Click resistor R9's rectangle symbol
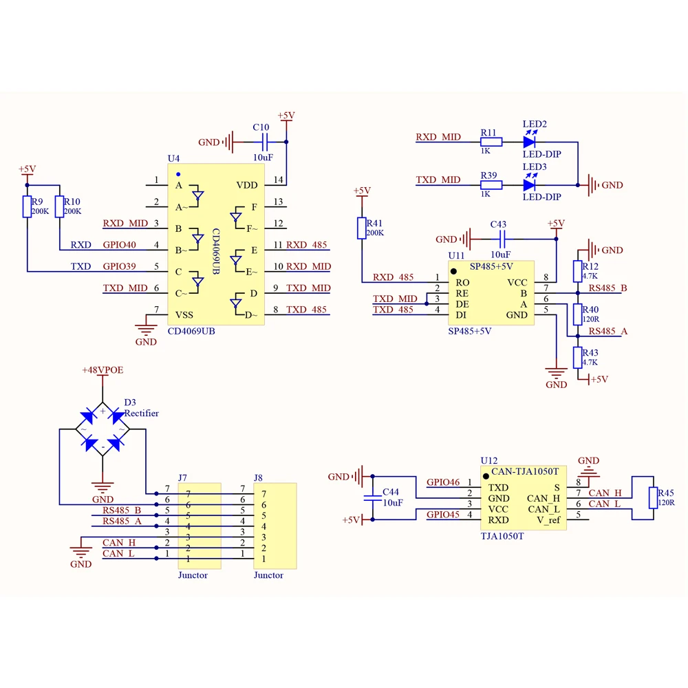coord(28,206)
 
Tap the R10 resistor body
coord(59,206)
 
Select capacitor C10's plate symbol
coord(265,142)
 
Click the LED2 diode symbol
coord(529,142)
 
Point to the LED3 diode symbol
coord(529,185)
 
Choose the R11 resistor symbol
coord(491,142)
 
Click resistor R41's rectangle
coord(362,228)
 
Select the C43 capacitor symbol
coord(502,239)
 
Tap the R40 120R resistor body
coord(577,314)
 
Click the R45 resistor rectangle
coord(654,497)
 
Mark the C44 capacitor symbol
coord(372,497)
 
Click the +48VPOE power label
coord(103,370)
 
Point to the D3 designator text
coord(130,402)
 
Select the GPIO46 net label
coord(443,482)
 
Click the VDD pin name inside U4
coord(247,185)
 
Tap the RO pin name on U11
coord(462,283)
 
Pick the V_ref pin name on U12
coord(548,520)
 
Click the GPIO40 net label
coord(119,245)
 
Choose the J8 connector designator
coord(258,478)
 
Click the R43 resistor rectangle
coord(577,358)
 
